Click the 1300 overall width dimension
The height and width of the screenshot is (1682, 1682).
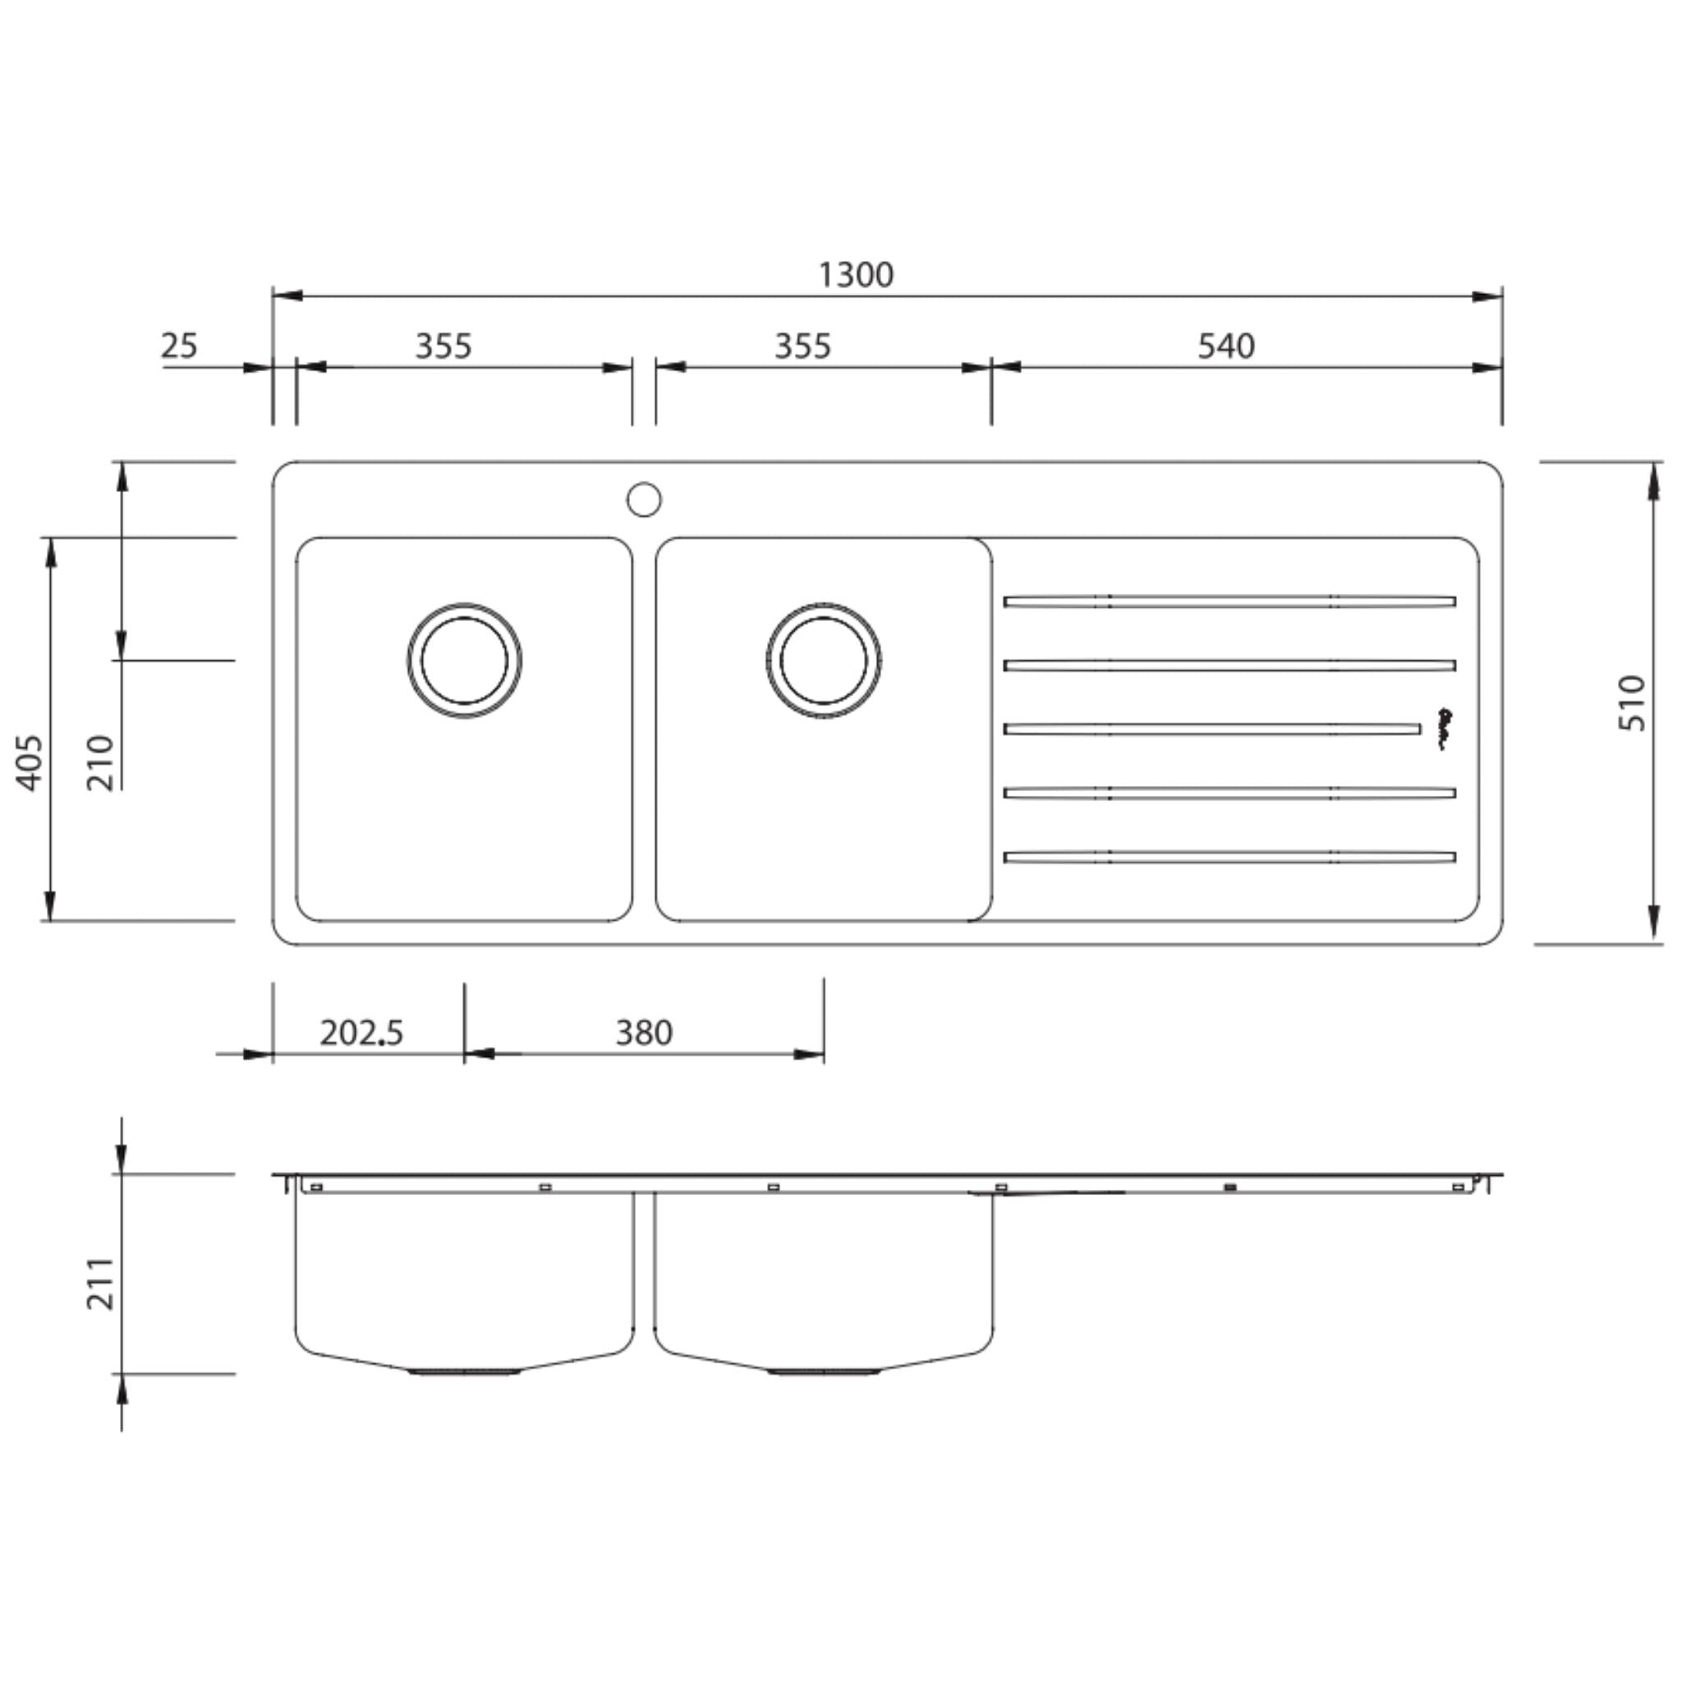point(856,275)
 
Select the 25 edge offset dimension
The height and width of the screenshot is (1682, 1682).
point(179,346)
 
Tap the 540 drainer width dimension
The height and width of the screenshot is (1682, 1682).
point(1226,346)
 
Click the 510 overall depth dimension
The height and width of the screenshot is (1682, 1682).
point(1633,704)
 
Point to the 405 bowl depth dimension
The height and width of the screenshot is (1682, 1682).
point(30,763)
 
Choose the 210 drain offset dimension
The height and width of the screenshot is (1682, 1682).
point(100,763)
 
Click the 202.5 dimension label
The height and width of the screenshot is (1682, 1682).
point(361,1033)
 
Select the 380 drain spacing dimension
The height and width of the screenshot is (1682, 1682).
point(643,1033)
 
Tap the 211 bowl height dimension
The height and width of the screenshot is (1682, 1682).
point(100,1284)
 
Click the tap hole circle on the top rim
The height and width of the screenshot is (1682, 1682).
point(643,499)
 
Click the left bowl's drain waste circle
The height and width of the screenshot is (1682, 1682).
point(464,661)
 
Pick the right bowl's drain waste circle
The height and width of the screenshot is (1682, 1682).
point(824,661)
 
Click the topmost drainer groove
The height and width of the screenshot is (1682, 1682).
point(1229,600)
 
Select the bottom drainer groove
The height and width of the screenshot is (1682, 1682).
point(1229,857)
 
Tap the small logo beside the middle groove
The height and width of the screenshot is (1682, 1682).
point(1444,728)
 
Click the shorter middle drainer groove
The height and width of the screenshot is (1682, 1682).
point(1212,728)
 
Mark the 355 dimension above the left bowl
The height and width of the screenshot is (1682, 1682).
point(443,346)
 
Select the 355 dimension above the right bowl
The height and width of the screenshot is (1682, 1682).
point(802,346)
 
